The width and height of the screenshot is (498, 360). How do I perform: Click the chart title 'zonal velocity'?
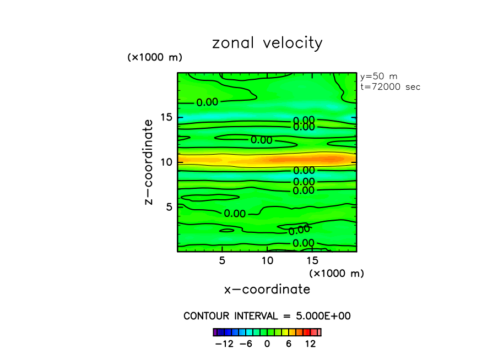click(x=267, y=43)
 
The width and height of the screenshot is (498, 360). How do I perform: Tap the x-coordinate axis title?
click(x=267, y=289)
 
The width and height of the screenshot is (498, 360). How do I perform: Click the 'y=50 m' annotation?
click(x=378, y=77)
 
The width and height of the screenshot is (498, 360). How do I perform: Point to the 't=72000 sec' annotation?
click(x=390, y=87)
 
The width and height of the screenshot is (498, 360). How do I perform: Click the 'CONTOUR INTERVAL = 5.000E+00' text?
click(x=267, y=316)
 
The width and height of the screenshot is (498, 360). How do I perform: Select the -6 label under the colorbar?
click(x=246, y=344)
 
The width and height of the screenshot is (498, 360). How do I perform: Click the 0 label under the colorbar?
click(x=267, y=344)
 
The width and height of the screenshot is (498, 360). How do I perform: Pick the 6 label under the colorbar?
click(x=289, y=344)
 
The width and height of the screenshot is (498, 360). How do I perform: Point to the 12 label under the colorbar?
click(x=310, y=344)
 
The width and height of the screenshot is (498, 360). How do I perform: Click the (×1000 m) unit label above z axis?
click(x=155, y=57)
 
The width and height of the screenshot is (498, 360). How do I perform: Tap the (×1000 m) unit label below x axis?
click(x=337, y=273)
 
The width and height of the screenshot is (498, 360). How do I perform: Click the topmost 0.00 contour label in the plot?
click(x=208, y=102)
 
